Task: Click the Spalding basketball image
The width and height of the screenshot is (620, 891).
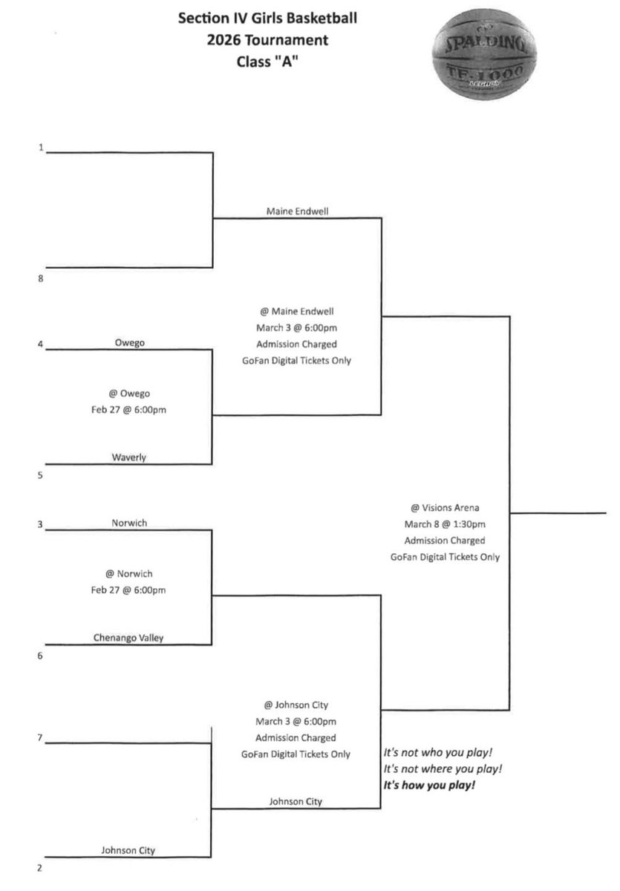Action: [484, 54]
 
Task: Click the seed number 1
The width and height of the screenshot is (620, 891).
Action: [41, 148]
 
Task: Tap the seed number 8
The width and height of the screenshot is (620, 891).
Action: [41, 278]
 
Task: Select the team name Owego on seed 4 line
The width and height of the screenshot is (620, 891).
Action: [130, 342]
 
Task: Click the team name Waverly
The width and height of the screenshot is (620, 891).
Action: [129, 457]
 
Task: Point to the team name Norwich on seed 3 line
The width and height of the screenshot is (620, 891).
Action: [129, 523]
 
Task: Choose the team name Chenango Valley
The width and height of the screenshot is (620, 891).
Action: [128, 638]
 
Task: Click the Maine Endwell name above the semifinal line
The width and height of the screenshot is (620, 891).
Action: [298, 211]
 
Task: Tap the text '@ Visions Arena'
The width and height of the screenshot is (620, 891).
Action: [445, 508]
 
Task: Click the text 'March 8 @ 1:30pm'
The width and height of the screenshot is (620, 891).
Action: [445, 524]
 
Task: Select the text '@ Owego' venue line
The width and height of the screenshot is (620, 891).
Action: [129, 394]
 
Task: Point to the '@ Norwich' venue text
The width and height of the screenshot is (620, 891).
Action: [129, 573]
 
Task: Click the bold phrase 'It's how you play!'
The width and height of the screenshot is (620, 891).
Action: [429, 785]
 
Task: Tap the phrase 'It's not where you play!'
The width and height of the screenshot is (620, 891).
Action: [443, 768]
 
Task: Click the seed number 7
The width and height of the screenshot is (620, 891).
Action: [40, 737]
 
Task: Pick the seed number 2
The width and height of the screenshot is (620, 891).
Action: [40, 868]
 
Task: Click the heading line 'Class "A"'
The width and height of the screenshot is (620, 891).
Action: [267, 62]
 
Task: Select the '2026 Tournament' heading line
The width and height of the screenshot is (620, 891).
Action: [267, 40]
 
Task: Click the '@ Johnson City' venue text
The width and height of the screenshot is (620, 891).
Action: [296, 705]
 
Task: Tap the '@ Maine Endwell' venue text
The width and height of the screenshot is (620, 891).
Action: [297, 311]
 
